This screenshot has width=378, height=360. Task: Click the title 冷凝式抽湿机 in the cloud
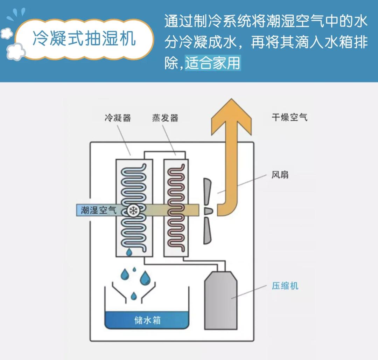(84, 39)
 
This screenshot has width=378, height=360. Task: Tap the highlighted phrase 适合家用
(212, 63)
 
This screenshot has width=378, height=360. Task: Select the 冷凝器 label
(118, 118)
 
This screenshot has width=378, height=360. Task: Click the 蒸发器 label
(165, 118)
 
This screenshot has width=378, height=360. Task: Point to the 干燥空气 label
(289, 117)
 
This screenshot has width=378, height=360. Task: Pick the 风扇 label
(280, 174)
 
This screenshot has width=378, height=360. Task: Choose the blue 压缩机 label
(285, 286)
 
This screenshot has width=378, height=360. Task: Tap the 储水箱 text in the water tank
(147, 320)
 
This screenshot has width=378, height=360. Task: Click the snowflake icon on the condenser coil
(133, 210)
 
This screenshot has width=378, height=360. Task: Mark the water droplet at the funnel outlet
(133, 296)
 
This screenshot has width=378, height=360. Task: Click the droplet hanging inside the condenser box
(129, 252)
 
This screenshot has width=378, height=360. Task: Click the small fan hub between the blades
(208, 210)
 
